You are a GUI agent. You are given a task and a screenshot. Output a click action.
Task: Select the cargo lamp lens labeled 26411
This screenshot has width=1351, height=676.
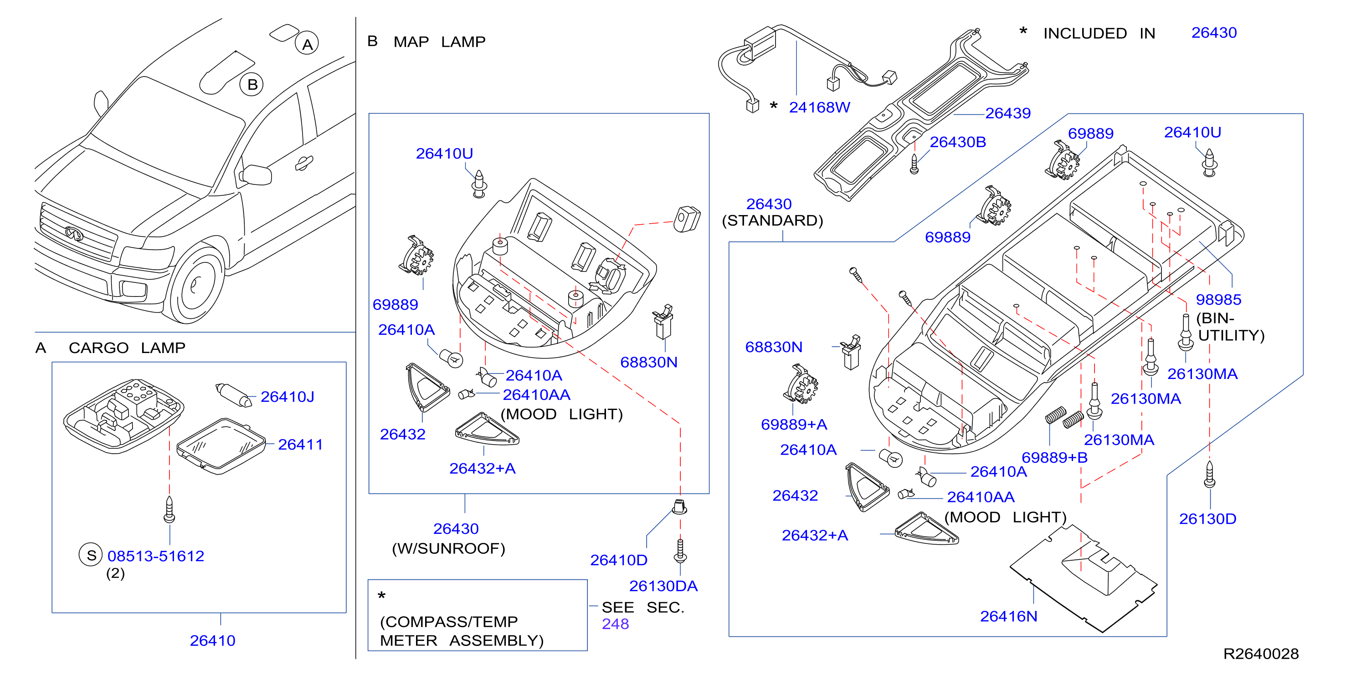click(221, 446)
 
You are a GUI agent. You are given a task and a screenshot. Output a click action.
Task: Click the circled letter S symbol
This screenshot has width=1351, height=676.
click(91, 555)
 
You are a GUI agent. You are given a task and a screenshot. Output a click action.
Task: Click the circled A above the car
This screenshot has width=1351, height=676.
click(307, 44)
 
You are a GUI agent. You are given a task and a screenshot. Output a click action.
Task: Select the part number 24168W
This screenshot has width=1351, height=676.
click(819, 108)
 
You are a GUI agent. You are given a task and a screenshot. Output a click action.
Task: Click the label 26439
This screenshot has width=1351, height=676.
click(1008, 113)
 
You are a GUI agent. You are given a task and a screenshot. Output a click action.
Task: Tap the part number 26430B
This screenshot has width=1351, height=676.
click(958, 142)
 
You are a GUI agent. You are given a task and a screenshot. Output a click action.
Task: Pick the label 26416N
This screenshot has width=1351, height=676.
click(1008, 616)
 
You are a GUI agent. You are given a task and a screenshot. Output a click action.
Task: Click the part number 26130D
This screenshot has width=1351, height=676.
click(1207, 519)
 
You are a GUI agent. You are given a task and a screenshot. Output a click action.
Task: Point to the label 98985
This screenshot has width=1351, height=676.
click(1218, 299)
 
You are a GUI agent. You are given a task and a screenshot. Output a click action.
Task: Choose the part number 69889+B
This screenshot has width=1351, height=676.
click(1054, 457)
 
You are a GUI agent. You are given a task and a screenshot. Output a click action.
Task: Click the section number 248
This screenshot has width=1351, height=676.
click(615, 624)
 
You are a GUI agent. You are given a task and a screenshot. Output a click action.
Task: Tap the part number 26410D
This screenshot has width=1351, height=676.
click(619, 560)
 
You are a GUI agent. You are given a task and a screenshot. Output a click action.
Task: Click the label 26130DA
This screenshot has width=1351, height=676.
click(663, 586)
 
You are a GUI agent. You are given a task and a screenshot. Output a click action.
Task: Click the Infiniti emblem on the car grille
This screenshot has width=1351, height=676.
click(74, 233)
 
